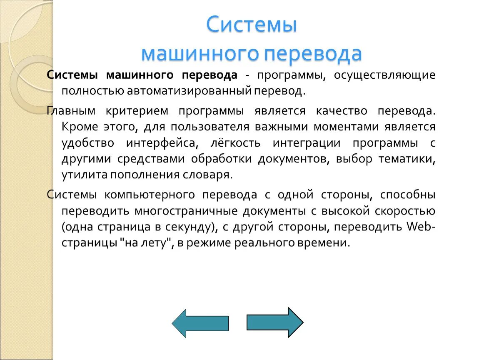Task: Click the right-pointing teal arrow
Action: (x=275, y=322)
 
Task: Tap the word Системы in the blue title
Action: (x=251, y=25)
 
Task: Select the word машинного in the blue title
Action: (x=199, y=54)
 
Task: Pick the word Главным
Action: (x=71, y=111)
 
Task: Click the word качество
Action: (x=341, y=111)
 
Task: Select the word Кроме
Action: (x=80, y=127)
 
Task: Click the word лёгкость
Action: (x=236, y=143)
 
